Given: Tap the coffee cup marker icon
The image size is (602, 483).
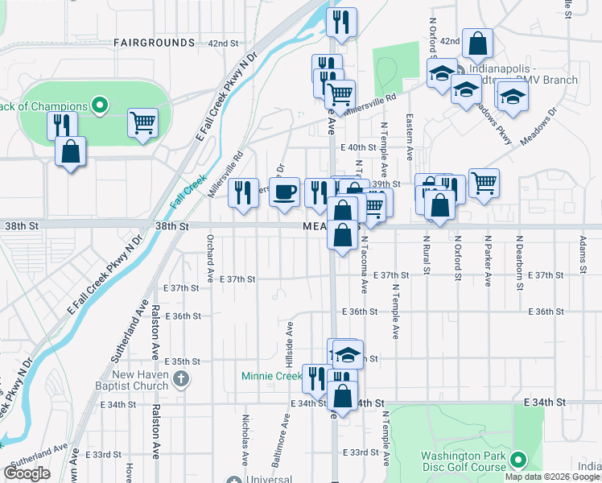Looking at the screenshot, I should (x=284, y=192).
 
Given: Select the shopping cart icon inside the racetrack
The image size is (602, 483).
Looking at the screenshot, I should (x=143, y=123).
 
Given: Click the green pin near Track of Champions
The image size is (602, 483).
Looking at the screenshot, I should (x=100, y=105).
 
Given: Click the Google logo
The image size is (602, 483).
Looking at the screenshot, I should (x=27, y=473).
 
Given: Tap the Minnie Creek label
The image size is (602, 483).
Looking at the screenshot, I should (x=271, y=376).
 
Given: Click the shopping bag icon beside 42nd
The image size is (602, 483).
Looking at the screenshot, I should (x=477, y=45).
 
